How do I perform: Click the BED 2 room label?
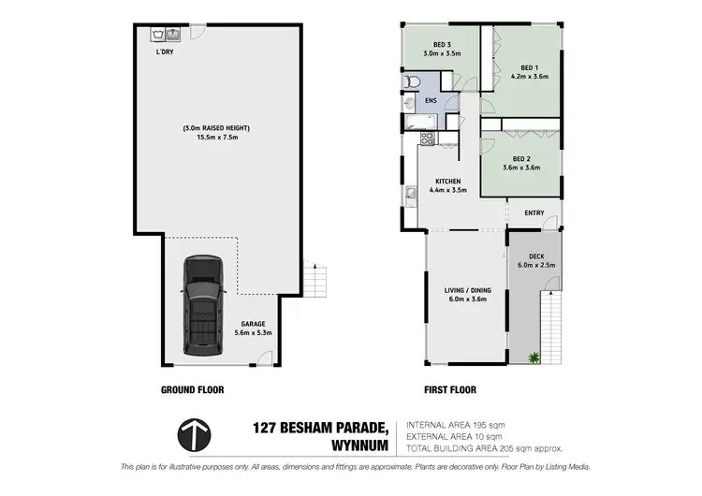[523, 158]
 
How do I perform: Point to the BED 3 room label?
[443, 45]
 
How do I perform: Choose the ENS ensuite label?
[431, 100]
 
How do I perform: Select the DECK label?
[536, 255]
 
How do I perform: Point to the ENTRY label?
[534, 213]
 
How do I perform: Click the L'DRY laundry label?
[165, 52]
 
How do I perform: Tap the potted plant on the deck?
[534, 357]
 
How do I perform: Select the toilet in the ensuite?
[412, 85]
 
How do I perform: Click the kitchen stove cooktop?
[427, 139]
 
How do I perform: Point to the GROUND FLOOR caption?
[192, 389]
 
